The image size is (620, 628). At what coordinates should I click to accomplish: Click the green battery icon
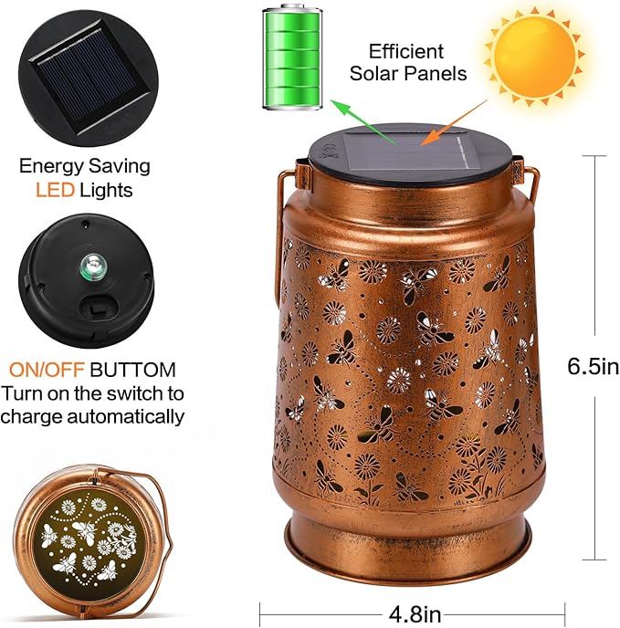pyautogui.click(x=293, y=58)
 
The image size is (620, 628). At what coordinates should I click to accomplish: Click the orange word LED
pyautogui.click(x=53, y=191)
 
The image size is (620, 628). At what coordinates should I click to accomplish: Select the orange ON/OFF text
pyautogui.click(x=47, y=371)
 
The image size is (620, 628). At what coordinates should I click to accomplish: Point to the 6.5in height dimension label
pyautogui.click(x=593, y=367)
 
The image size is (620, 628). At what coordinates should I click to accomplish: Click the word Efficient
pyautogui.click(x=406, y=51)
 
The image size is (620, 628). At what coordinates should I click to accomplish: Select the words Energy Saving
pyautogui.click(x=85, y=167)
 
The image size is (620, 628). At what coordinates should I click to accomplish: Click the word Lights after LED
pyautogui.click(x=106, y=191)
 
